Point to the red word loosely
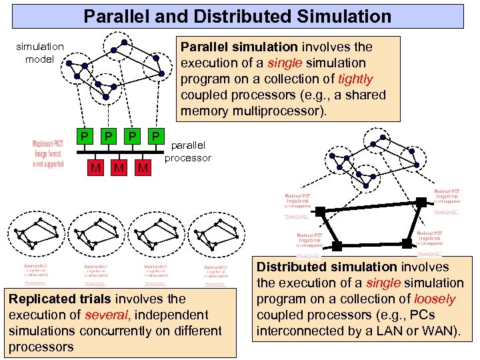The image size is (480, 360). click(435, 299)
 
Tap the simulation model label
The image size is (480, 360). click(39, 53)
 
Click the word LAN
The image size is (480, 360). click(393, 331)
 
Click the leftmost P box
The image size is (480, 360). click(83, 137)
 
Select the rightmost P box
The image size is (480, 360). click(155, 137)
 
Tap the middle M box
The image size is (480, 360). click(119, 167)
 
